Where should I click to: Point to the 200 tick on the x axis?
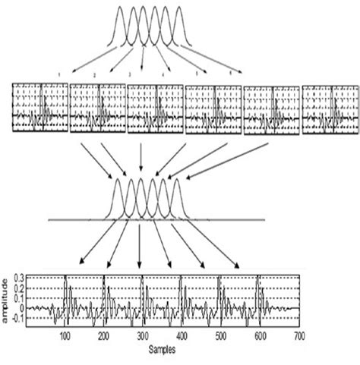point(103,336)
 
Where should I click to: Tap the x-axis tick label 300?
point(142,336)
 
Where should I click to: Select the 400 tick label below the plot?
point(181,336)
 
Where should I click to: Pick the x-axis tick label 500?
point(219,336)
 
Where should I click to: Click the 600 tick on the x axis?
point(258,336)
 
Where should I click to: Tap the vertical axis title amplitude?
point(8,300)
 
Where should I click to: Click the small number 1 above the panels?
point(58,73)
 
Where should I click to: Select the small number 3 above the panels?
point(130,75)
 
